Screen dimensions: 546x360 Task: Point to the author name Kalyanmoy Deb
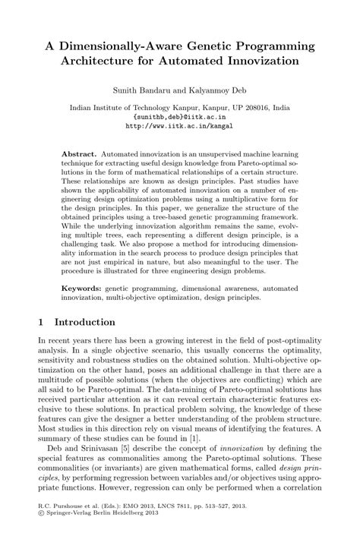pos(209,90)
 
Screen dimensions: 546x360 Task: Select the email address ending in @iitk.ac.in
pos(179,118)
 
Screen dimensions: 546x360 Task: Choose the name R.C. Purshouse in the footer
pos(60,525)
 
